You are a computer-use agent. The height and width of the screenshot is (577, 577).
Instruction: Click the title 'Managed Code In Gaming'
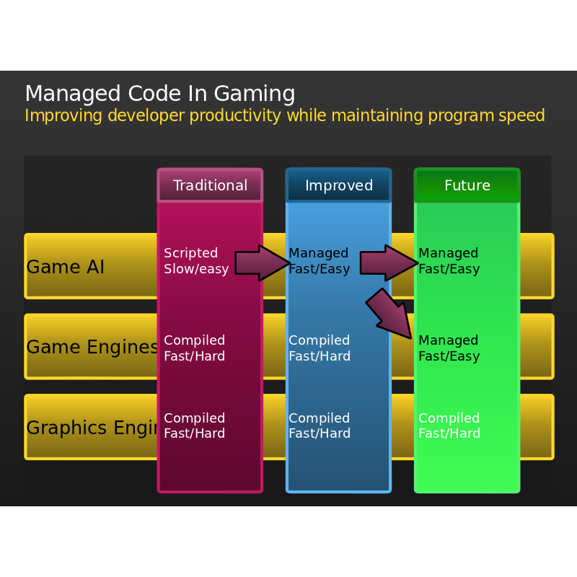pos(159,94)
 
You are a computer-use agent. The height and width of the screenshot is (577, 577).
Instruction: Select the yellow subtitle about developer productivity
pos(284,116)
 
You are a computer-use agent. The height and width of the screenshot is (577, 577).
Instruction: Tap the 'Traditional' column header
pos(210,185)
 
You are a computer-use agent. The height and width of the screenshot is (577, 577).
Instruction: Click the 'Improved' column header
pos(338,185)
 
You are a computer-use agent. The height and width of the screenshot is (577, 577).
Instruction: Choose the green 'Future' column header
pos(467,185)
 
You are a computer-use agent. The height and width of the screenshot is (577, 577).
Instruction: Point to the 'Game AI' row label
pos(65,267)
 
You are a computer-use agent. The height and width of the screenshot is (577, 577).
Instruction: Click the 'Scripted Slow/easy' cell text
pos(195,261)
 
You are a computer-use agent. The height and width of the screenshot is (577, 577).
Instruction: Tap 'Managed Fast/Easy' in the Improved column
pos(319,261)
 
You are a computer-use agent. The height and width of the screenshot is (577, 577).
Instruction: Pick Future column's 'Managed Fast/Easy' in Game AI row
pos(448,261)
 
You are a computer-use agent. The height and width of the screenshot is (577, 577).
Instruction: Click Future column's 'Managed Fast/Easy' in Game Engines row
pos(448,348)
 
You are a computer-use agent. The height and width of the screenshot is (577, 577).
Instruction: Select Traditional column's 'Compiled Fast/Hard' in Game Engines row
pos(194,348)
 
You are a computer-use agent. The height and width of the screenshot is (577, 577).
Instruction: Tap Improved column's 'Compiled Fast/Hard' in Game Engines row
pos(319,348)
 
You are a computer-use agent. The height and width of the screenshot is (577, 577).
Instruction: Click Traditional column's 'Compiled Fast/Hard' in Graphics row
pos(194,426)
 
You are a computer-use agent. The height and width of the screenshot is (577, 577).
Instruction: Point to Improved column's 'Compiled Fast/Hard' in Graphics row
pos(319,426)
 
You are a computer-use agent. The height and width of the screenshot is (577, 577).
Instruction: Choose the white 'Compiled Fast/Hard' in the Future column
pos(449,426)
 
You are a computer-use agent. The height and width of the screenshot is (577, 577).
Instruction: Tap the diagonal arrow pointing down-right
pos(390,313)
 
